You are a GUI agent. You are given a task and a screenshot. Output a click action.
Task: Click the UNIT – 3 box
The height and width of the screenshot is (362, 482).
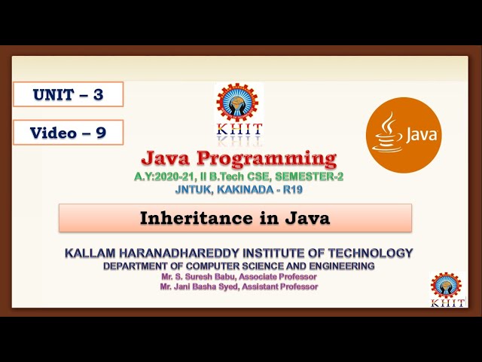pos(68,94)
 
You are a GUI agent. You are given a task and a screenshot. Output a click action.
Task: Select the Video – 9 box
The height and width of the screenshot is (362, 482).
pos(68,133)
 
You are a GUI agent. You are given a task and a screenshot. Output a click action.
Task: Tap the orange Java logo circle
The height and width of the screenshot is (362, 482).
pos(404,134)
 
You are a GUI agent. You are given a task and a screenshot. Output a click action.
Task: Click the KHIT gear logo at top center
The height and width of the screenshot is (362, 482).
pos(239,106)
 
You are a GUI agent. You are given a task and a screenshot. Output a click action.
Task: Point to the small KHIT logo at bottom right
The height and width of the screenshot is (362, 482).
pos(446,289)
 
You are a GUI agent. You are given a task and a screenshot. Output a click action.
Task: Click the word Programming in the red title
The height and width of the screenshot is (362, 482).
pos(267,158)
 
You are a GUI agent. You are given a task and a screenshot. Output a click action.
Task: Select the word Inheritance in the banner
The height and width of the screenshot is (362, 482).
pos(186,218)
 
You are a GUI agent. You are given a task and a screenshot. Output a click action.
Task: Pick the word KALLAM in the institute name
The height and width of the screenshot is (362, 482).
pos(92,253)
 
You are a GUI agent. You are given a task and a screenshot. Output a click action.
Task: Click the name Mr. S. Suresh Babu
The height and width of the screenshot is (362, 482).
pos(197,277)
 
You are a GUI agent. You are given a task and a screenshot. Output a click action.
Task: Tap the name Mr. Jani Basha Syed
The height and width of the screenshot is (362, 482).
pos(200,287)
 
